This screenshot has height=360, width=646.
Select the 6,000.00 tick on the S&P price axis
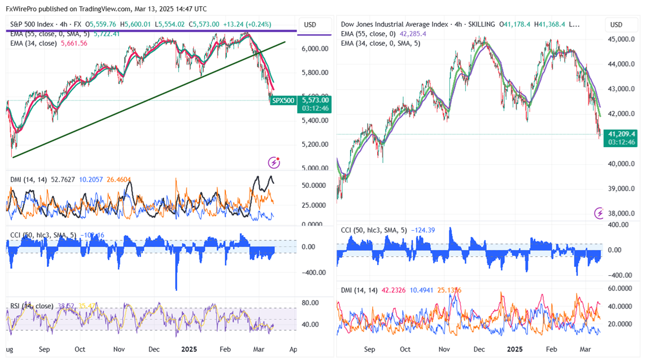coord(315,49)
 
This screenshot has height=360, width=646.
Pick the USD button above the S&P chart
coord(310,25)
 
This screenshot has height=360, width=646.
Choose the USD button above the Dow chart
coord(617,25)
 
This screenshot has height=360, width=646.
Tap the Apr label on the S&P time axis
coord(293,349)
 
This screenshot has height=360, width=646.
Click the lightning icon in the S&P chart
coord(274,163)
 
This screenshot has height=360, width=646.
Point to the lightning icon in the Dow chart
coord(600,213)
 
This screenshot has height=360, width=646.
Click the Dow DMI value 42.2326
coord(389,289)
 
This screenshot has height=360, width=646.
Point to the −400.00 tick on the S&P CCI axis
coord(314,273)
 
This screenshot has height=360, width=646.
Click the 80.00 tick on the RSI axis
coord(311,302)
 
